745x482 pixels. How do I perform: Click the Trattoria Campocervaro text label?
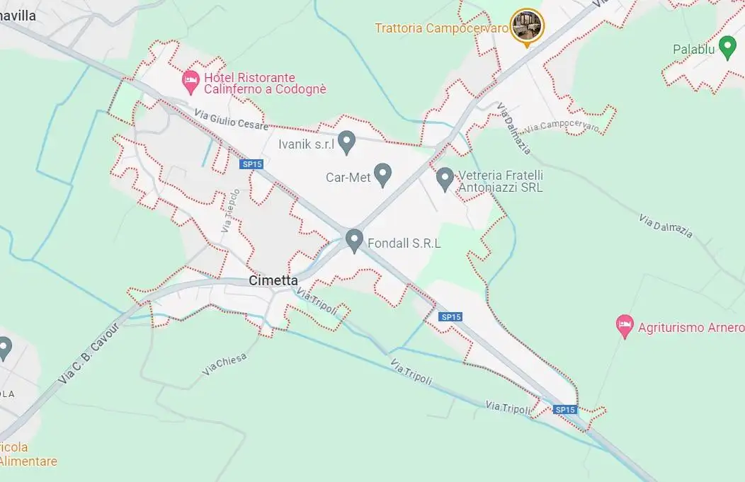tap(442, 28)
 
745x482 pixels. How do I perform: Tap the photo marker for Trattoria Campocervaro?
tap(526, 25)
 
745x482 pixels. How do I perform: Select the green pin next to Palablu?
tap(727, 48)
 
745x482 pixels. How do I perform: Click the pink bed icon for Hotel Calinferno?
tap(190, 79)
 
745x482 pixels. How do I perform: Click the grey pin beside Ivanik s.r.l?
tap(346, 142)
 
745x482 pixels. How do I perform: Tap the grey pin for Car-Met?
tap(383, 173)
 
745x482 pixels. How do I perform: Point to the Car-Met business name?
tap(348, 178)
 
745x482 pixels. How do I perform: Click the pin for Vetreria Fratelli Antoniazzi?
tap(445, 178)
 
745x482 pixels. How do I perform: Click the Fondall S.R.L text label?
tap(404, 243)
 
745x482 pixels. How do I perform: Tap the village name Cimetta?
tap(273, 281)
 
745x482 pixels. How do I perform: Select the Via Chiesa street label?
tap(224, 364)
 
